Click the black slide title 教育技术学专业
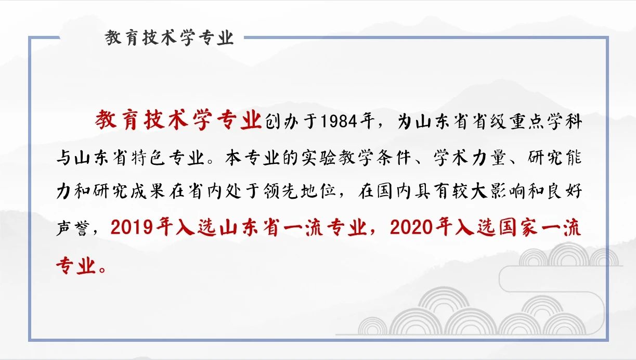click(x=169, y=38)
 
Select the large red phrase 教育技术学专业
click(x=178, y=120)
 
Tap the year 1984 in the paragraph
click(x=339, y=121)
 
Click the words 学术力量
click(x=470, y=157)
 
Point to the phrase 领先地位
click(x=300, y=190)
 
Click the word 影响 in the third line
click(x=508, y=190)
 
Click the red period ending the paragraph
click(x=102, y=269)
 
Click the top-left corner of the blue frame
click(x=30, y=37)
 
